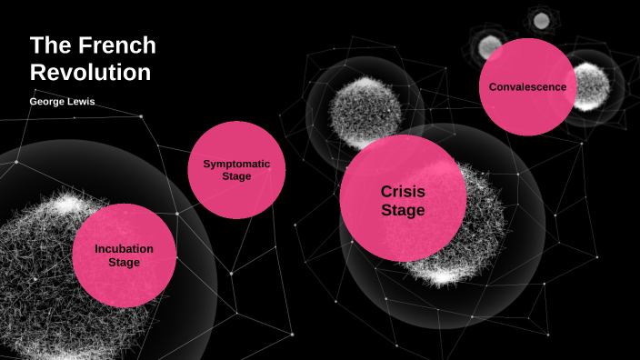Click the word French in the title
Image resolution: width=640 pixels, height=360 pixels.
[113, 45]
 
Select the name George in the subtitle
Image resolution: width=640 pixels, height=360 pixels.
[48, 102]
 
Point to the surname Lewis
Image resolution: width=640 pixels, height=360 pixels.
[80, 102]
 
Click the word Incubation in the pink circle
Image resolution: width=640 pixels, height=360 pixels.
[124, 248]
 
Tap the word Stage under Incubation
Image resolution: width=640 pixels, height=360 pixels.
[124, 263]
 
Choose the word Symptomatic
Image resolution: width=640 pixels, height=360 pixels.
[236, 164]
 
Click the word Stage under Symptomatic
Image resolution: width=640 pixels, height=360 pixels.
[236, 176]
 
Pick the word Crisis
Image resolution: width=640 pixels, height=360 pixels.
[403, 191]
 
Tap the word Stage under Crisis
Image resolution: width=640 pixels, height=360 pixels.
[403, 211]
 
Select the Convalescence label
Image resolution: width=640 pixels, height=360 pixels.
[527, 87]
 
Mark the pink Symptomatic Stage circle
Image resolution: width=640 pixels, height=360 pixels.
[236, 195]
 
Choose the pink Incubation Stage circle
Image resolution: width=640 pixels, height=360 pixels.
[124, 282]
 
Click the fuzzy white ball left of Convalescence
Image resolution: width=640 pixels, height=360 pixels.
[364, 114]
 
